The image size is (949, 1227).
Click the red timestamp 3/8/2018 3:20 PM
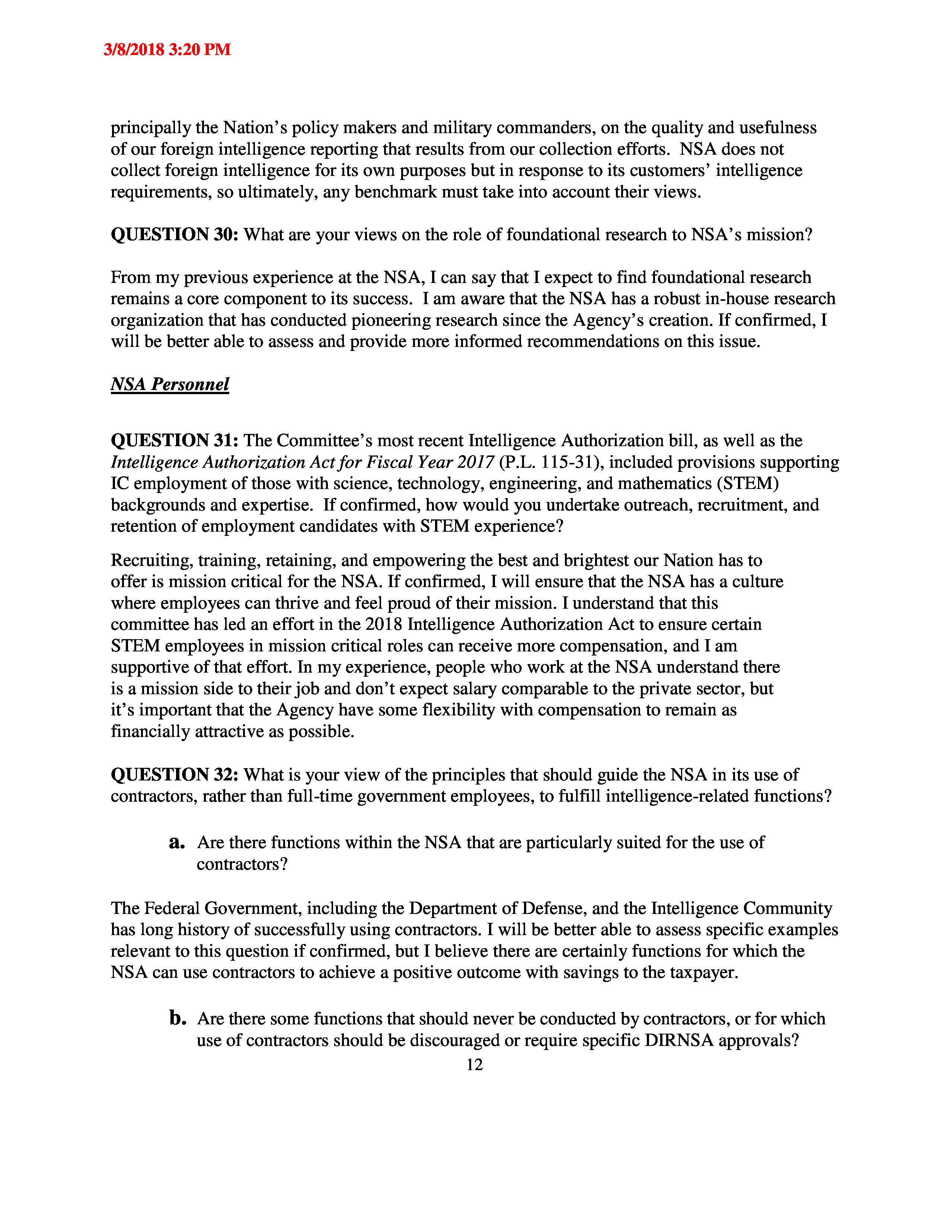[167, 49]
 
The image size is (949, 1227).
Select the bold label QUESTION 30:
[174, 234]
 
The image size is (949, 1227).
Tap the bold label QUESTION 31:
[174, 441]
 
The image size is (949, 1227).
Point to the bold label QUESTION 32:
[174, 775]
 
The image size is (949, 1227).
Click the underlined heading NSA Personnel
[170, 384]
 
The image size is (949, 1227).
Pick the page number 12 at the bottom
[474, 1065]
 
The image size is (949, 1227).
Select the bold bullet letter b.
[177, 1018]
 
